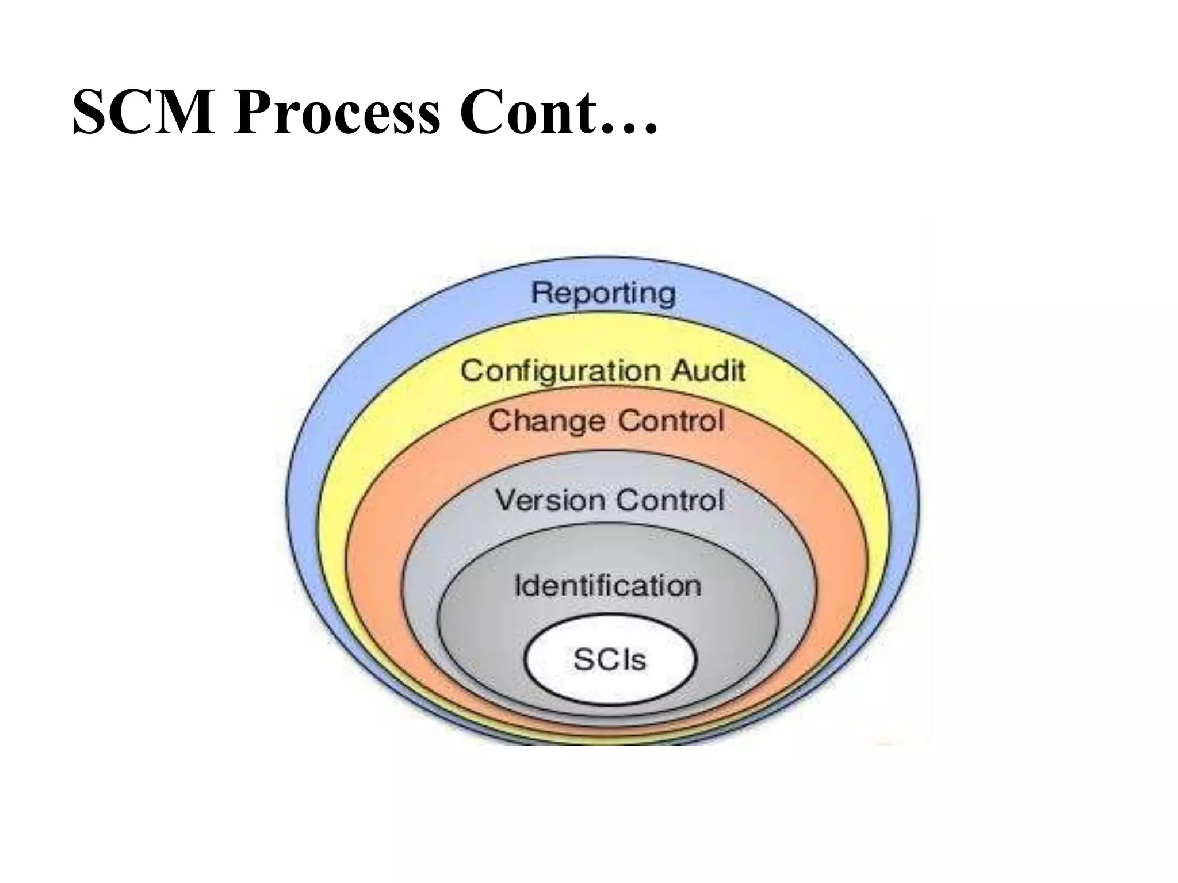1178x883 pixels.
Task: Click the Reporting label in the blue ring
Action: tap(603, 293)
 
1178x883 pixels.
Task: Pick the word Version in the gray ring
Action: tap(549, 500)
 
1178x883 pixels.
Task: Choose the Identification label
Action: tap(607, 586)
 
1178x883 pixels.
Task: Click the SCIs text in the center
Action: tap(610, 659)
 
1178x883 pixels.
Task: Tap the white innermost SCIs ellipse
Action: tap(610, 681)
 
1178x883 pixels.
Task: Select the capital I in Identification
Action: tap(518, 585)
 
